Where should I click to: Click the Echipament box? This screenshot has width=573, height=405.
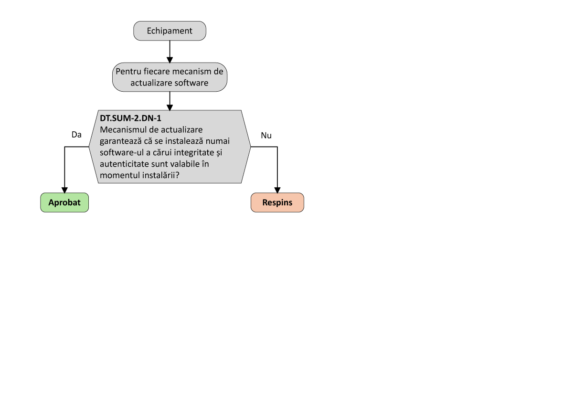point(170,31)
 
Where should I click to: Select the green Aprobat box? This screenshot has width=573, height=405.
point(64,202)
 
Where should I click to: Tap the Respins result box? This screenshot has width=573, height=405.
point(277,202)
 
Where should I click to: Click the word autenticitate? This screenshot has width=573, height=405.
point(123,164)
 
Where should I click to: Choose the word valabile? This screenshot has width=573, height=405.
point(188,164)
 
